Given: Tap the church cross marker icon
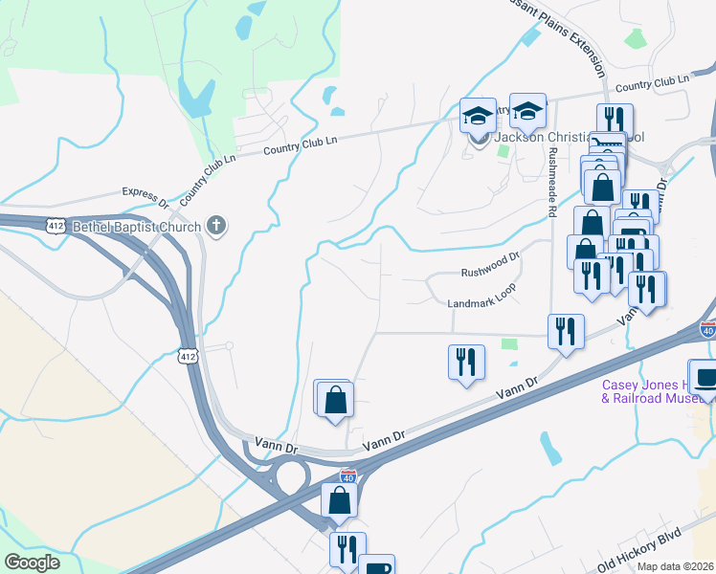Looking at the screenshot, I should click(217, 227).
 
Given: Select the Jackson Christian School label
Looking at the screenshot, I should click(570, 137).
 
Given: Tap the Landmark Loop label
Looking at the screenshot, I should click(482, 303).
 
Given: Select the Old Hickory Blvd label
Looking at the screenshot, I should click(638, 553).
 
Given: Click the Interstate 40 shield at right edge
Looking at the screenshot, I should click(706, 331).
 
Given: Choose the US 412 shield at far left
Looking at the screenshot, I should click(56, 226).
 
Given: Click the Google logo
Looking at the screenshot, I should click(33, 563).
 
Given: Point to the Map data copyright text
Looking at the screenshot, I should click(676, 566).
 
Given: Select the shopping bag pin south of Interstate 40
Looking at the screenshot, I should click(340, 500).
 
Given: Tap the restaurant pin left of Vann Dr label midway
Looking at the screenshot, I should click(466, 362).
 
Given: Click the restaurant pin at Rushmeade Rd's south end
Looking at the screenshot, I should click(566, 331).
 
